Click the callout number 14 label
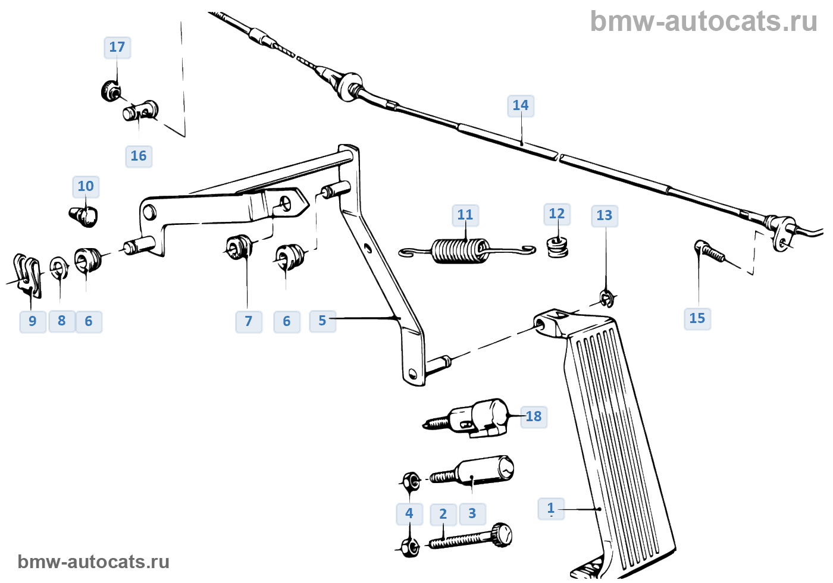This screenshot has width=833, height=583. [x=521, y=106]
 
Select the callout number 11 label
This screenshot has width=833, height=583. [x=465, y=215]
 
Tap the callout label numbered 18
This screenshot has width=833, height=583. [x=534, y=416]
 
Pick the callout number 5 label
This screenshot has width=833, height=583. [x=322, y=321]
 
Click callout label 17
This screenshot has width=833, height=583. [x=117, y=48]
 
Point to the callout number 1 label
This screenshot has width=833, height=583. [x=551, y=509]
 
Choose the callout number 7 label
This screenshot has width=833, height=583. [x=249, y=322]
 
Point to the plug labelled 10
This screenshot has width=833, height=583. [x=85, y=215]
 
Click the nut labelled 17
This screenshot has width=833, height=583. [x=111, y=90]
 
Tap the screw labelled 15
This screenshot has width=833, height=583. [x=708, y=251]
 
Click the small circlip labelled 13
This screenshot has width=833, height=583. [x=607, y=297]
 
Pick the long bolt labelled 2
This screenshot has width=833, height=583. [x=470, y=538]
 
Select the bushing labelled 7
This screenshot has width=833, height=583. [x=239, y=247]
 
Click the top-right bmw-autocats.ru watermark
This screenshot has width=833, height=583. [x=703, y=21]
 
